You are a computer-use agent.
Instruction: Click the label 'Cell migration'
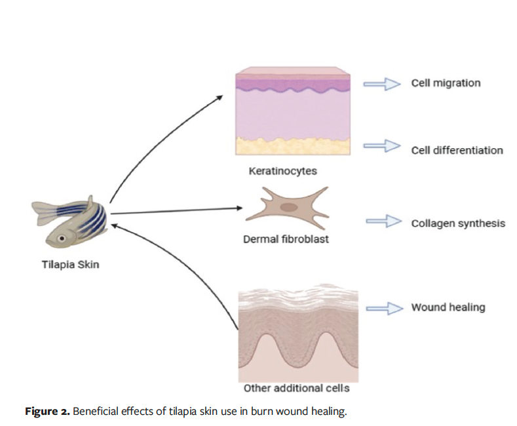(x=446, y=83)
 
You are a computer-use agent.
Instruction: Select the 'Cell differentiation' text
(x=457, y=150)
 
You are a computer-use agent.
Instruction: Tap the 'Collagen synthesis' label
(x=458, y=223)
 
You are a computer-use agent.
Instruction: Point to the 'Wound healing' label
(x=448, y=307)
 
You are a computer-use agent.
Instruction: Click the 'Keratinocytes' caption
(x=282, y=171)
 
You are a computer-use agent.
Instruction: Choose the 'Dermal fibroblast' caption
(x=286, y=239)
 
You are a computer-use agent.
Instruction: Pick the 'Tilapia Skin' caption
(x=70, y=265)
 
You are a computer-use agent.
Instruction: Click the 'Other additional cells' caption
(x=296, y=388)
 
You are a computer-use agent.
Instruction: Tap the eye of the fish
(x=62, y=238)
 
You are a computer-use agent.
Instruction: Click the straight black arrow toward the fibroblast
(x=177, y=210)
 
